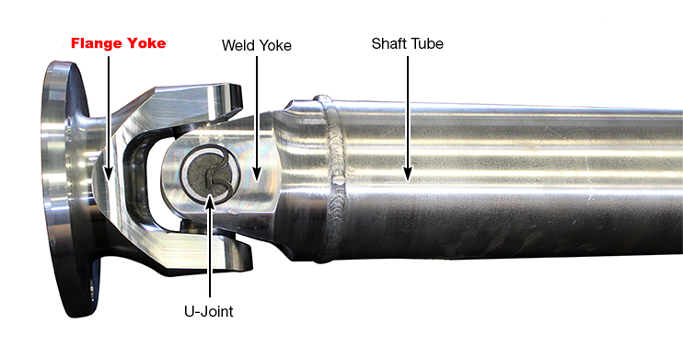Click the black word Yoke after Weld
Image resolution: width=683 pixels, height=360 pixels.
pyautogui.click(x=274, y=44)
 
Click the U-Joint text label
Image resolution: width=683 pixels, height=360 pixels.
pyautogui.click(x=207, y=311)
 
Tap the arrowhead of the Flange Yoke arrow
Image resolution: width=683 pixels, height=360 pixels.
pyautogui.click(x=109, y=175)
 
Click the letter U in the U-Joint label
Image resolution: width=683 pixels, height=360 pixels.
pyautogui.click(x=187, y=311)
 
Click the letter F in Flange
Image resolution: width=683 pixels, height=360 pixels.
pyautogui.click(x=76, y=43)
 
